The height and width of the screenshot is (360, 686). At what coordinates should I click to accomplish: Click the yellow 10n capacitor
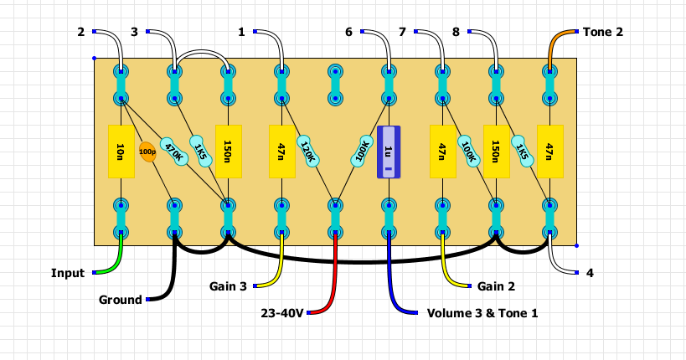[x=121, y=152]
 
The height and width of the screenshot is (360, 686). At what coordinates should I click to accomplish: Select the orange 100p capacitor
[x=147, y=152]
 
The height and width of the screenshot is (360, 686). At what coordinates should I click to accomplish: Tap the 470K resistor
[x=174, y=152]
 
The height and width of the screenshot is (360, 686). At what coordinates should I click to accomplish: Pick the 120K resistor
[x=307, y=152]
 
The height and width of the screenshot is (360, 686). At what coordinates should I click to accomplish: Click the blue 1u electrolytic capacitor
[x=389, y=152]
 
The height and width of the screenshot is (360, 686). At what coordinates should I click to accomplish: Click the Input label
[x=68, y=273]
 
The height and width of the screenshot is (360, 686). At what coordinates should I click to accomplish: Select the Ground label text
[x=121, y=300]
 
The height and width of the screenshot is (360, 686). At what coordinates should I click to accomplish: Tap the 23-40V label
[x=281, y=313]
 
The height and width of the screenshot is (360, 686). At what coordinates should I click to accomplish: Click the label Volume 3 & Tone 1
[x=482, y=313]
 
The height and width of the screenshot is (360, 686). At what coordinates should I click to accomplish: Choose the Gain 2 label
[x=496, y=286]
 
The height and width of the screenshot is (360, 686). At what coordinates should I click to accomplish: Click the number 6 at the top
[x=348, y=32]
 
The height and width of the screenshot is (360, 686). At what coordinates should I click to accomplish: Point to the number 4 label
[x=590, y=273]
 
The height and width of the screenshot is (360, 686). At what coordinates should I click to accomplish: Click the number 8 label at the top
[x=456, y=32]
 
